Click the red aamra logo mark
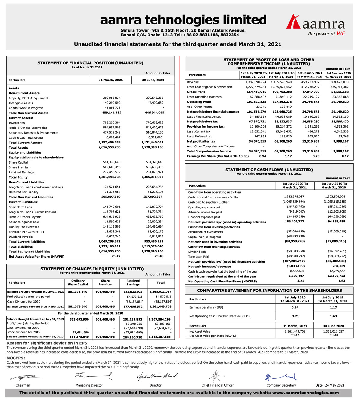tap(293, 21)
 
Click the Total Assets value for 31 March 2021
tap(109, 147)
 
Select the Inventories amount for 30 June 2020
tap(154, 123)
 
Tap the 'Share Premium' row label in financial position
tap(19, 167)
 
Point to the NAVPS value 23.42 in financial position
tap(116, 256)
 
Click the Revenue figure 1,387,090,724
tap(256, 82)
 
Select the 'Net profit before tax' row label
tap(202, 122)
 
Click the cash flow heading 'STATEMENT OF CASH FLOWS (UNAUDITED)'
tap(269, 170)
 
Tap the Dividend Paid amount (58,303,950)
tap(296, 252)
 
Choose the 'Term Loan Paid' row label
tap(198, 257)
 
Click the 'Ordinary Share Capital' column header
tap(78, 282)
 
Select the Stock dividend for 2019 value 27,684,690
tap(81, 332)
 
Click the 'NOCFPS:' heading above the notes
tap(16, 358)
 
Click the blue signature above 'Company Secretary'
tap(281, 377)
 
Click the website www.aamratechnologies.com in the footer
tap(305, 393)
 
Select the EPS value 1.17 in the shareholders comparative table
tap(333, 307)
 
